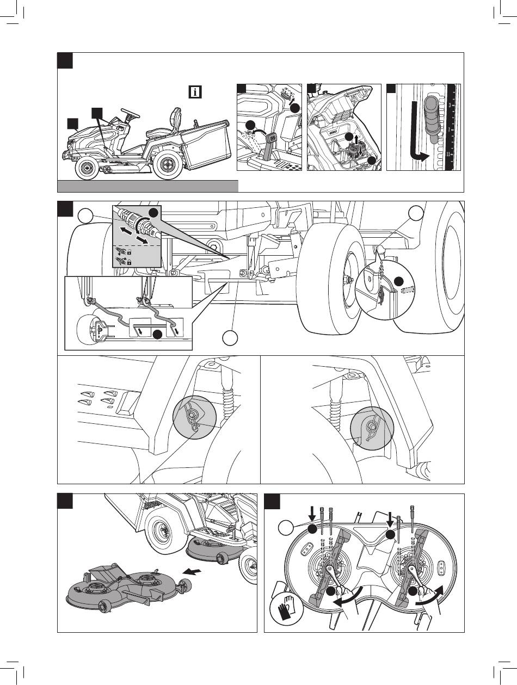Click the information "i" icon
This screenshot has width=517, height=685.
pyautogui.click(x=195, y=92)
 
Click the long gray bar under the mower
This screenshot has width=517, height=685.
pyautogui.click(x=147, y=186)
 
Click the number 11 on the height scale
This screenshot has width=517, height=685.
pyautogui.click(x=448, y=155)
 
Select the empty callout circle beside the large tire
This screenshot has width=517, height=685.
pyautogui.click(x=416, y=213)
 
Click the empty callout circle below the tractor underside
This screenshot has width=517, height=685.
pyautogui.click(x=230, y=338)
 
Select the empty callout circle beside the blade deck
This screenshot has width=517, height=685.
pyautogui.click(x=285, y=527)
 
